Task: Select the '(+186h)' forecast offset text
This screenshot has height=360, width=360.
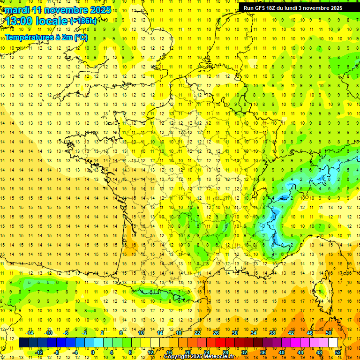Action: click(84, 21)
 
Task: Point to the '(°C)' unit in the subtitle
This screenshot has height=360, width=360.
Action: click(81, 37)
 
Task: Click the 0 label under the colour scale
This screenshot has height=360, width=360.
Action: click(93, 352)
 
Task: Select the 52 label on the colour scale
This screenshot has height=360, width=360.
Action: click(338, 352)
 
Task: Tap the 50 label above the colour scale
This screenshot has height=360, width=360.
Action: click(328, 333)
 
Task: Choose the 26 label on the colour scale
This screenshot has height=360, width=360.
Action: click(216, 333)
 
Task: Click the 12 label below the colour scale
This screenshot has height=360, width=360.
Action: click(150, 352)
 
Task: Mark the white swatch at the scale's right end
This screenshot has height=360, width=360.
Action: click(333, 343)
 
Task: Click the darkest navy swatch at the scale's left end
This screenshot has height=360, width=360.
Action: click(23, 343)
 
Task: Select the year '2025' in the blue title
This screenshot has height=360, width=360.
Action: click(101, 10)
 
